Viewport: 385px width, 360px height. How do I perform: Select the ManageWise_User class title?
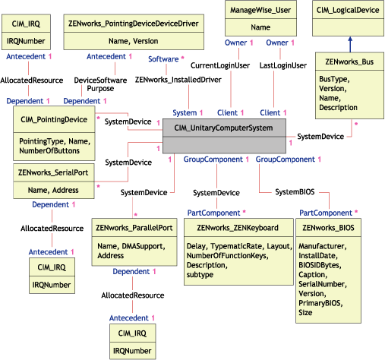pos(260,10)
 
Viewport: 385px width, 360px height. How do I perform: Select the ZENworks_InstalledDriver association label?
pos(169,78)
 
